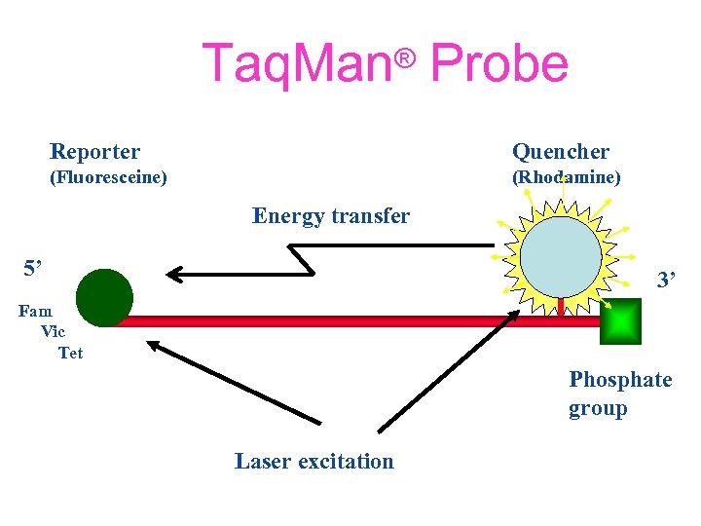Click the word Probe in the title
(498, 64)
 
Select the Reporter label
(94, 152)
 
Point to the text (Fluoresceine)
(108, 178)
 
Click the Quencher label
(561, 152)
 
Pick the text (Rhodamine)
(567, 178)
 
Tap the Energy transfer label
(331, 215)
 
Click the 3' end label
(666, 282)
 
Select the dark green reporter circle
(104, 297)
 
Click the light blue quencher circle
(562, 254)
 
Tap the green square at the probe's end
(620, 321)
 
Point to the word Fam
(36, 312)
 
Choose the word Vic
(54, 332)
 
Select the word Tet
(71, 353)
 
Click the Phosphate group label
(620, 394)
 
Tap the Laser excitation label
(314, 462)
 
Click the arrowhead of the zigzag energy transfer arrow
(176, 275)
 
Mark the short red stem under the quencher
(561, 305)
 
